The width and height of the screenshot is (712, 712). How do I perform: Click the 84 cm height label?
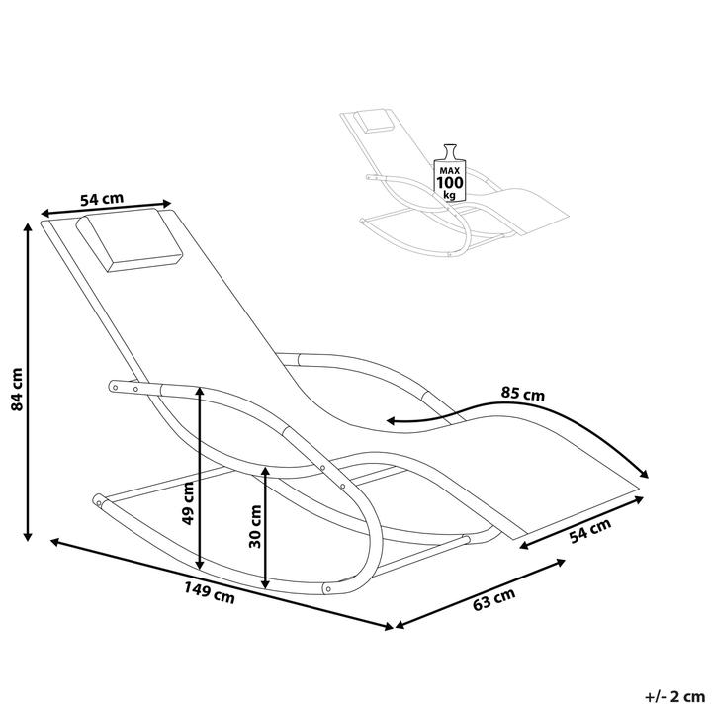coord(17,390)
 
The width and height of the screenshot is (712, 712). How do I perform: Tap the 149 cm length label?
coord(210,592)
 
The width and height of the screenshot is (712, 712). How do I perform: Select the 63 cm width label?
coord(494,599)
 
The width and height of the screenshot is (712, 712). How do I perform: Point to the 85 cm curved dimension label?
coord(523,394)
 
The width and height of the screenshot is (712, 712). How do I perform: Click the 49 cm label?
coord(188,503)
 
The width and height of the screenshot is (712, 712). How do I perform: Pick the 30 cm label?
coord(256,526)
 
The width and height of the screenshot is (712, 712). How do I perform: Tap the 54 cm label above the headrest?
coord(102,199)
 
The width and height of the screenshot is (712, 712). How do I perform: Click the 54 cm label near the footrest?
coord(590,530)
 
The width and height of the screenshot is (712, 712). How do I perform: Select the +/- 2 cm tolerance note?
coord(674,696)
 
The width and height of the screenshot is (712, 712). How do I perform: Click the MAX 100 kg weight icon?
coord(450,173)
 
